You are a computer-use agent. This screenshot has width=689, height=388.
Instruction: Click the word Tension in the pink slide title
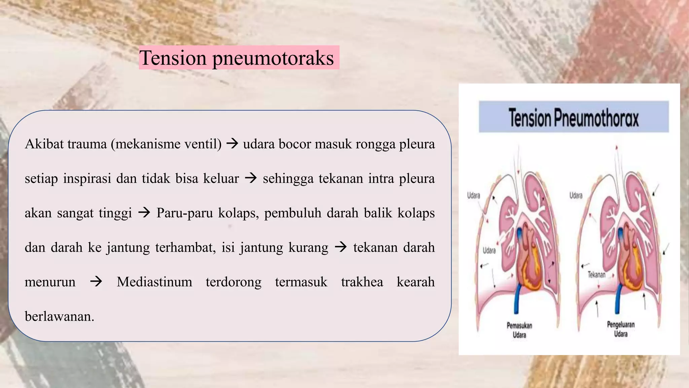(173, 58)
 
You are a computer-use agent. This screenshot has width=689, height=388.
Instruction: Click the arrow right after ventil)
(232, 144)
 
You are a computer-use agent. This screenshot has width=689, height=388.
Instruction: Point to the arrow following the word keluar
(251, 178)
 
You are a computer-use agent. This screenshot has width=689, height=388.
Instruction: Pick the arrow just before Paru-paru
(144, 213)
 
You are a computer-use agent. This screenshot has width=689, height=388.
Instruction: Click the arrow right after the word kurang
(340, 247)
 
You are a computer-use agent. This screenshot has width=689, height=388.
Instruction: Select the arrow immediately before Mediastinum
(96, 281)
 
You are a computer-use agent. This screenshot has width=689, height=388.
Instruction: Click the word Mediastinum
(154, 282)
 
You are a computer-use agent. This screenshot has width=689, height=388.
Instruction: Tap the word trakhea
(362, 282)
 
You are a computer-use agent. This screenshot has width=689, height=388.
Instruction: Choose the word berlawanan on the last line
(59, 316)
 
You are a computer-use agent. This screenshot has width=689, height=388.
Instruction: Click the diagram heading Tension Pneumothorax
(573, 118)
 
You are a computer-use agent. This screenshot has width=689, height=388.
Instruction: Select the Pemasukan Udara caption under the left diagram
(519, 330)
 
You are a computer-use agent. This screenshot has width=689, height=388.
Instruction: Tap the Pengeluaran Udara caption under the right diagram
(621, 329)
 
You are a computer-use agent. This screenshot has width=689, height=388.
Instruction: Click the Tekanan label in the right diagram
(596, 274)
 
